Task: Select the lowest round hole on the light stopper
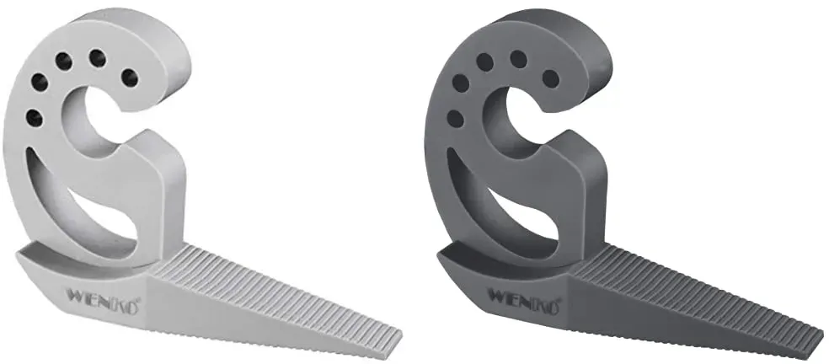[35, 117]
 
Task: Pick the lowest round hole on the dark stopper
[455, 118]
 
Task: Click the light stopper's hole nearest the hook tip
[129, 78]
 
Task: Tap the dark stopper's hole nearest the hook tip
[550, 79]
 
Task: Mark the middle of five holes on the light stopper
[63, 62]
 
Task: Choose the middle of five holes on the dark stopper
[484, 62]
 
